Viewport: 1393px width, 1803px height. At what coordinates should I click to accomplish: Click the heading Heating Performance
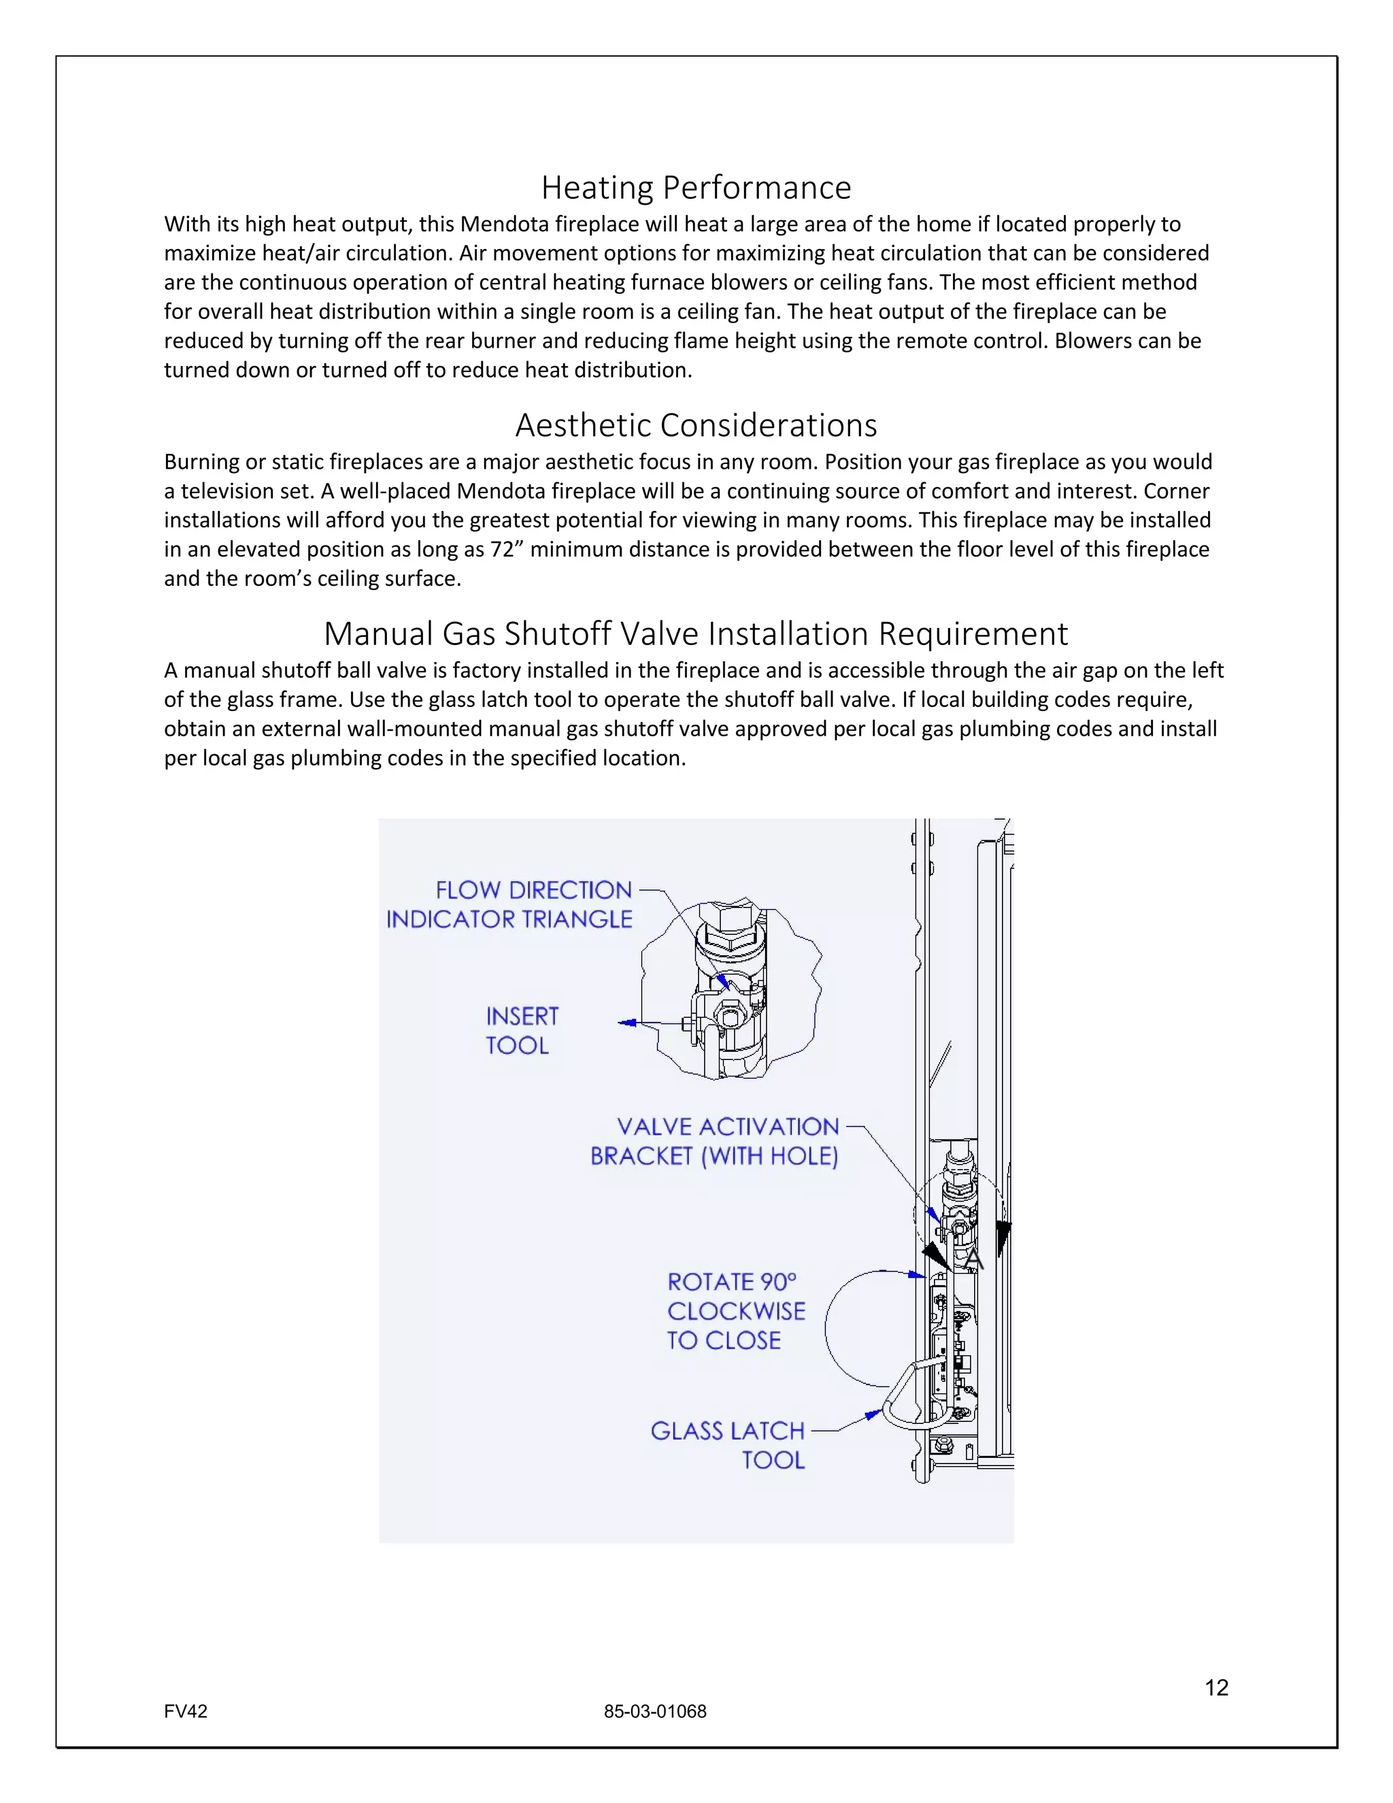(x=696, y=187)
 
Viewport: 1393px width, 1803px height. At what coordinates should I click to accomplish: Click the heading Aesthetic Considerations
(x=696, y=425)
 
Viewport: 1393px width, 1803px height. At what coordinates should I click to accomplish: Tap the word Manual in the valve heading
(x=378, y=634)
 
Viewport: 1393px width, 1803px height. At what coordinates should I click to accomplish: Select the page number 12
(x=1216, y=1687)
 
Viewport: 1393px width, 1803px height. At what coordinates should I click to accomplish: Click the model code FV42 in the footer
(x=186, y=1711)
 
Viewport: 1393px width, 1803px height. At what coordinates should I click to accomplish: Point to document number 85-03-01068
(x=654, y=1711)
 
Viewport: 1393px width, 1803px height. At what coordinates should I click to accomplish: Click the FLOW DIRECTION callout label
(x=533, y=890)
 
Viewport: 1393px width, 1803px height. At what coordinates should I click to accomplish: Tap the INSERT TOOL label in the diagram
(x=522, y=1030)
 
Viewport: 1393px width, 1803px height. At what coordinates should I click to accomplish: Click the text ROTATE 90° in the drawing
(x=731, y=1282)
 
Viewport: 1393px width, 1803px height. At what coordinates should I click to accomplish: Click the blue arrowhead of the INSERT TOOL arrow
(x=627, y=1023)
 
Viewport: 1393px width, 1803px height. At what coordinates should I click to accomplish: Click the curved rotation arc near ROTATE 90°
(x=828, y=1329)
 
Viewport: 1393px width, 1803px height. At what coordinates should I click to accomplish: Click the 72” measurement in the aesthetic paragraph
(x=507, y=550)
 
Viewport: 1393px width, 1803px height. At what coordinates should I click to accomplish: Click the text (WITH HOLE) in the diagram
(x=769, y=1157)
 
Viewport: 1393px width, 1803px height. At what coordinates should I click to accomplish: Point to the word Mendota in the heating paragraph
(x=503, y=225)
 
